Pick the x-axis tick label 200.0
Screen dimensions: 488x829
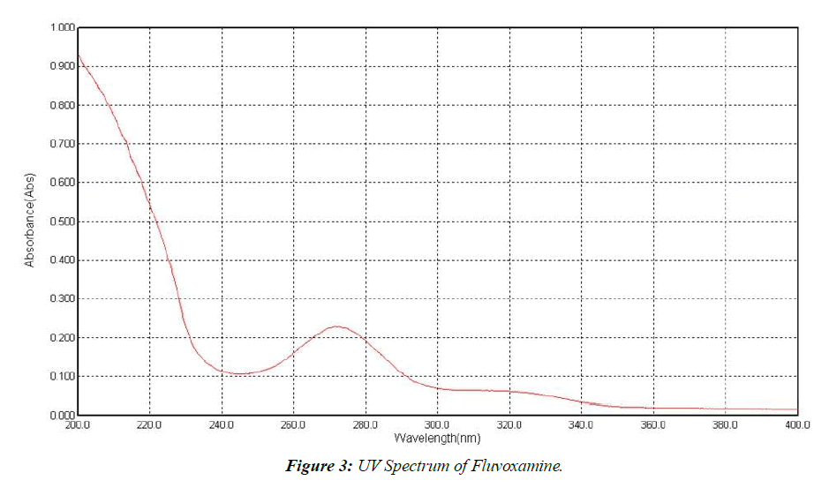(78, 425)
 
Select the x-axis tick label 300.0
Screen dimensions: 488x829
(437, 425)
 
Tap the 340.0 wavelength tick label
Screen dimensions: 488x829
(581, 425)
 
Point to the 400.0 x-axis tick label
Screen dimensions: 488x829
(796, 425)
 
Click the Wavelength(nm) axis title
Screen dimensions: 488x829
(437, 438)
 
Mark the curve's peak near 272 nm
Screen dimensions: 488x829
(336, 327)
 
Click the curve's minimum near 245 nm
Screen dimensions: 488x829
(239, 374)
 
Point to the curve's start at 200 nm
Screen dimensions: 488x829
(79, 56)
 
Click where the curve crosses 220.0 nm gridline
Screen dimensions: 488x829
(150, 208)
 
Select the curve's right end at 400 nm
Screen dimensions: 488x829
(796, 409)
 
